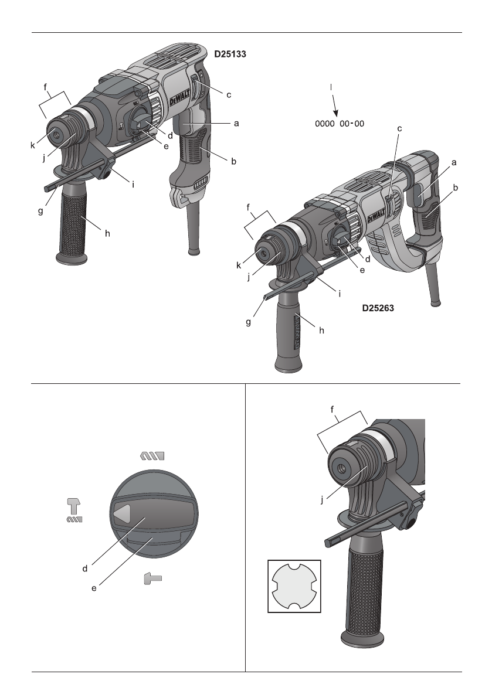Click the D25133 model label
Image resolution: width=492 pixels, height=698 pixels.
pyautogui.click(x=229, y=55)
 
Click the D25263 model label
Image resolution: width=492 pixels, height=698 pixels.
pyautogui.click(x=376, y=307)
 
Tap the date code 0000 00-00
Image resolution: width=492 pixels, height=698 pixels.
pyautogui.click(x=339, y=124)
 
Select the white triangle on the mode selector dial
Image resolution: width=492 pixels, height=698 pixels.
pyautogui.click(x=121, y=514)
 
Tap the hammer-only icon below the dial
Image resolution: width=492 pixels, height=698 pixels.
pyautogui.click(x=152, y=579)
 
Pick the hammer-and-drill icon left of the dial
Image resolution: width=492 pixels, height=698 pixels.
pyautogui.click(x=74, y=510)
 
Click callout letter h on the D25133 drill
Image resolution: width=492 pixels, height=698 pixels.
pyautogui.click(x=107, y=233)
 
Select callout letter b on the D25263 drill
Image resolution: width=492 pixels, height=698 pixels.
pyautogui.click(x=456, y=188)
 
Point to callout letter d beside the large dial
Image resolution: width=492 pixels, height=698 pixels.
pyautogui.click(x=85, y=568)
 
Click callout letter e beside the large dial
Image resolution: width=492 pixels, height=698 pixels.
pyautogui.click(x=94, y=588)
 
